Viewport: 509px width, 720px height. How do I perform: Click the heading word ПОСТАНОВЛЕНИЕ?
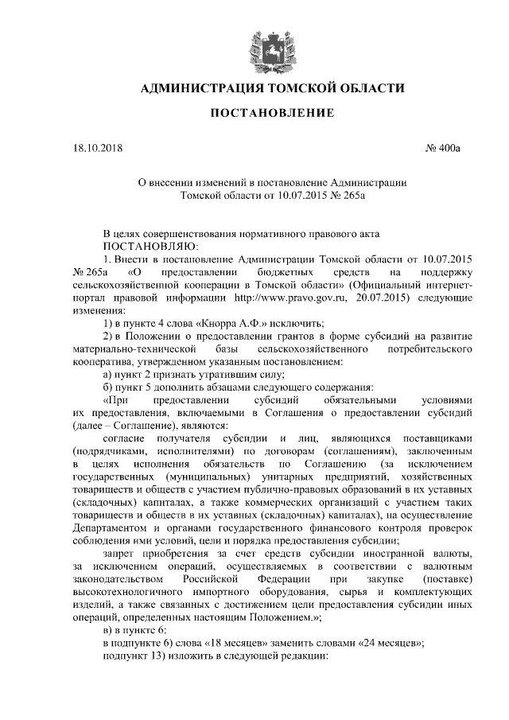point(271,115)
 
